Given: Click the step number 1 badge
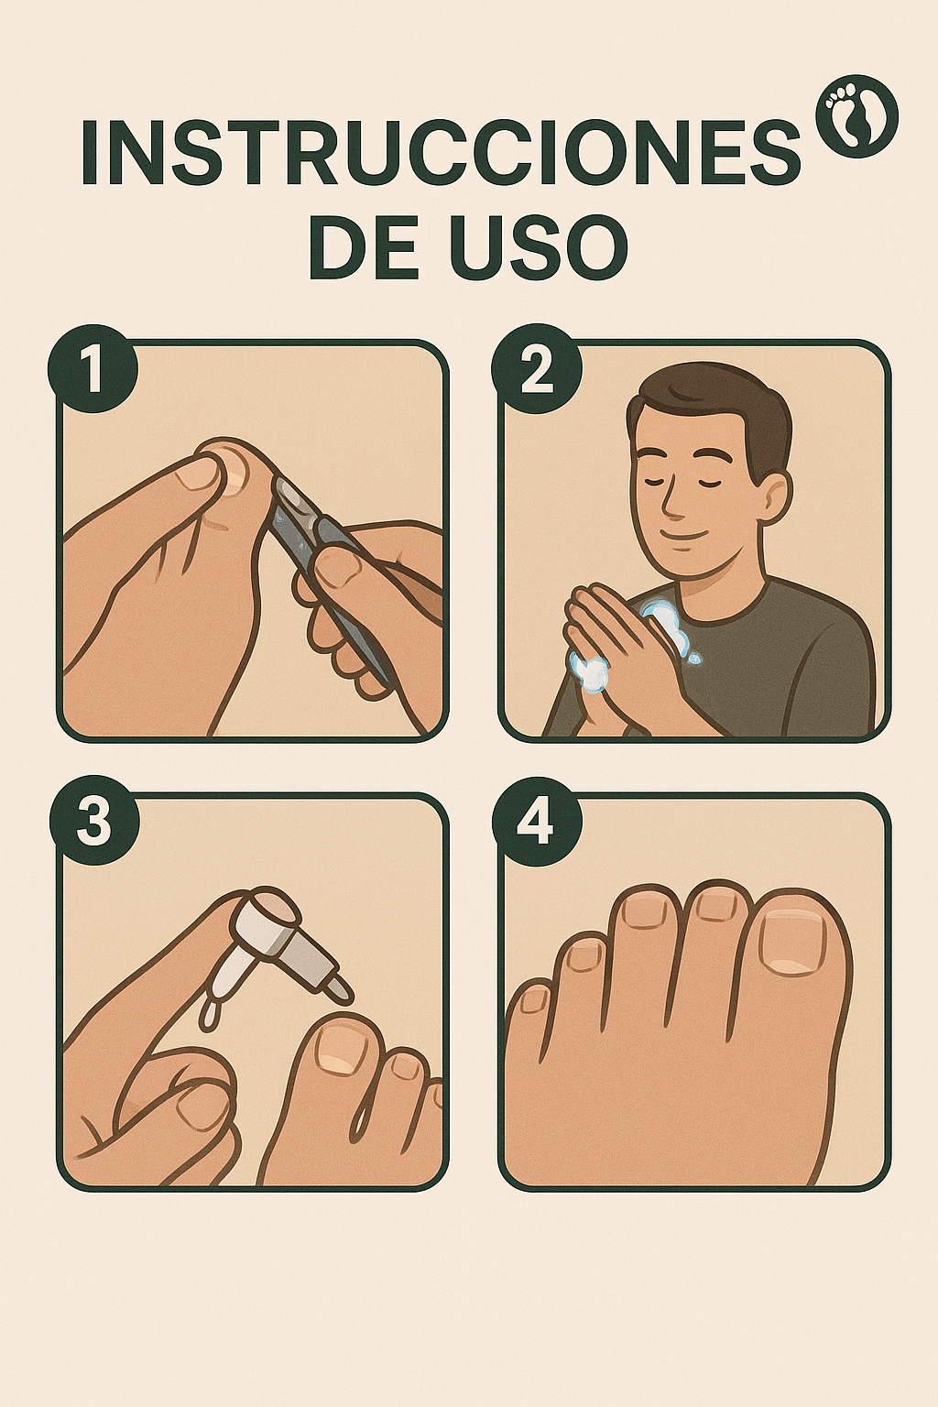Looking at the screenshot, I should coord(93,373).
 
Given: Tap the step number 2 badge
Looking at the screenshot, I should coord(536,373).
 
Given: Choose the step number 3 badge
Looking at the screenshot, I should coord(93,822).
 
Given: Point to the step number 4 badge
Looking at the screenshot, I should coord(536,822).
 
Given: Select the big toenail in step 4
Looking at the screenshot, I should coord(793,941).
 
